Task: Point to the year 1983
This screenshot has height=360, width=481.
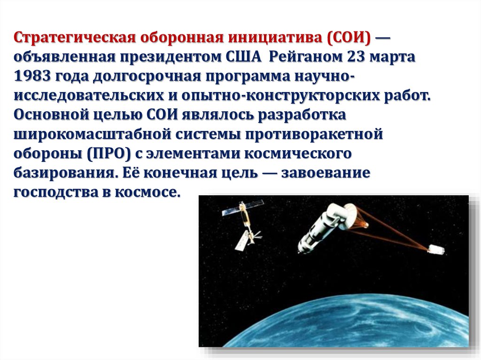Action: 32,76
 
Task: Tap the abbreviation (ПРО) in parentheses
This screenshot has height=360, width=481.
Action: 109,153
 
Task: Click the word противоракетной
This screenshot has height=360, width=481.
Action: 314,134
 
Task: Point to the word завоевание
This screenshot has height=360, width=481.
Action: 326,173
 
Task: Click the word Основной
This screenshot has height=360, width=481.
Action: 51,115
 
